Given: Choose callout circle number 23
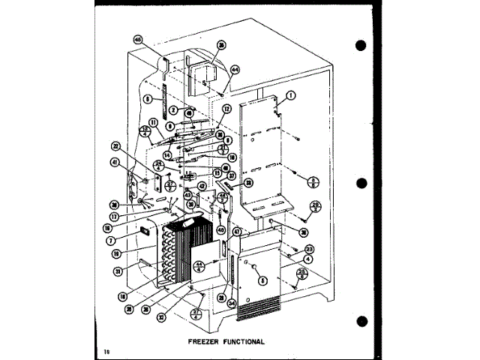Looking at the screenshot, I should pos(309,249).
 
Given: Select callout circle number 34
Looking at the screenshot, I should pos(232,303).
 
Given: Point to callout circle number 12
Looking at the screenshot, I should pos(225,109).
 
